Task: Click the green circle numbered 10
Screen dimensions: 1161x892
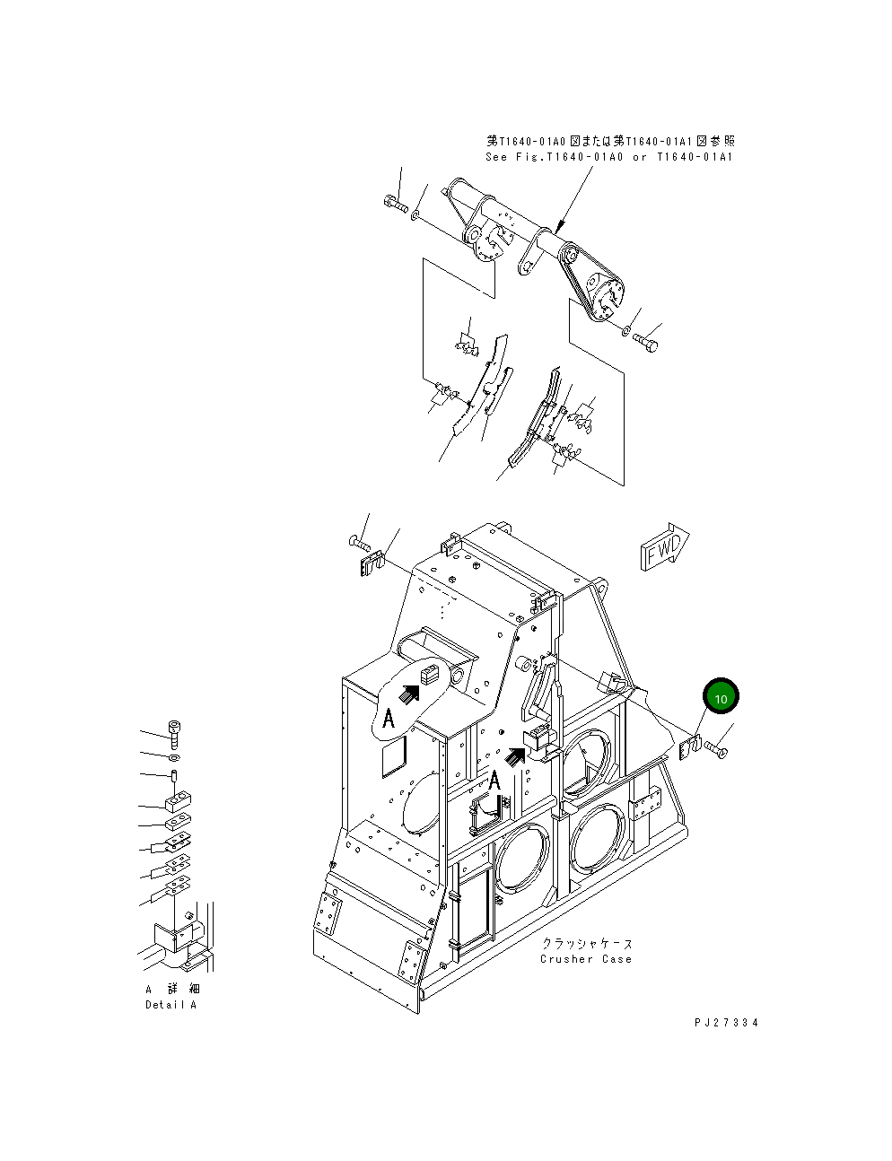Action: (x=721, y=696)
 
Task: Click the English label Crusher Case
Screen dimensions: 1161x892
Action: (x=585, y=959)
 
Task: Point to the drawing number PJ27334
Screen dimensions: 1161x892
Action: (x=725, y=1022)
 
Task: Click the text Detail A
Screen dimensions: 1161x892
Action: (x=171, y=1004)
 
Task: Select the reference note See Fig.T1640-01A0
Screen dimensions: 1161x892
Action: (x=609, y=157)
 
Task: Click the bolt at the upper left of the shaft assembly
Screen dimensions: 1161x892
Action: (x=393, y=205)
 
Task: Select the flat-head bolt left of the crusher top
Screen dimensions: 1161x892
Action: (x=356, y=542)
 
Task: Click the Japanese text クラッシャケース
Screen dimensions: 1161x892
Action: (x=587, y=943)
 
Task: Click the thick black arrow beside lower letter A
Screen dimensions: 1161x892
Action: (x=515, y=756)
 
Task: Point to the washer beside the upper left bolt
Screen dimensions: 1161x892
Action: (x=416, y=215)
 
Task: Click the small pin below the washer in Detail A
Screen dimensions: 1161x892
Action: (x=174, y=775)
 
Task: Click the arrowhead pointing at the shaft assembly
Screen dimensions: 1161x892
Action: (x=559, y=229)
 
